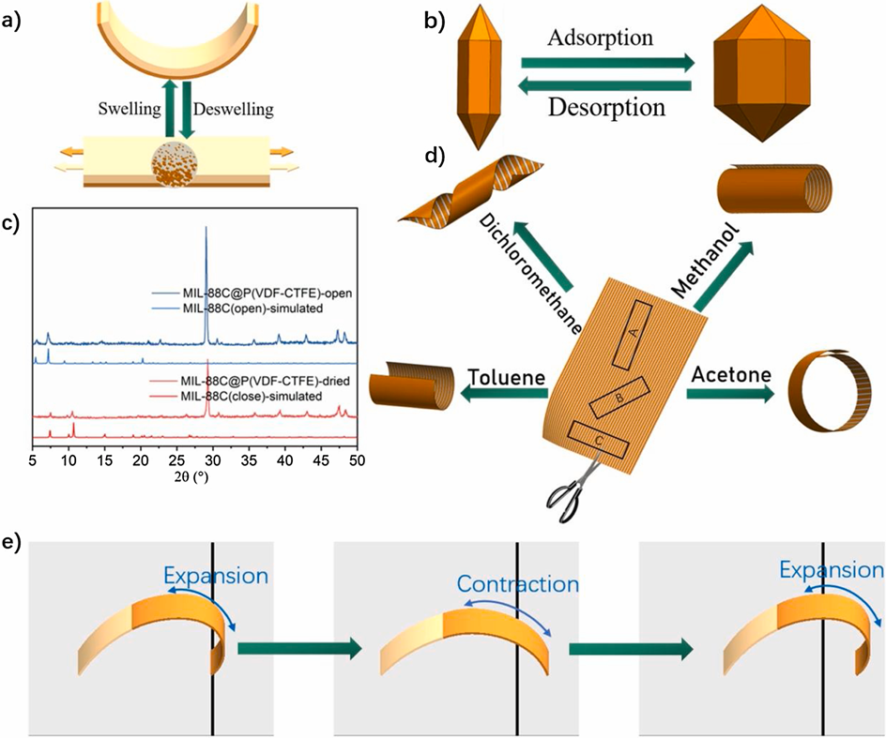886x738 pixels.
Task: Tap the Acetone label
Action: click(x=731, y=375)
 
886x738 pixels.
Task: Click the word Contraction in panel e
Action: click(x=517, y=583)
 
